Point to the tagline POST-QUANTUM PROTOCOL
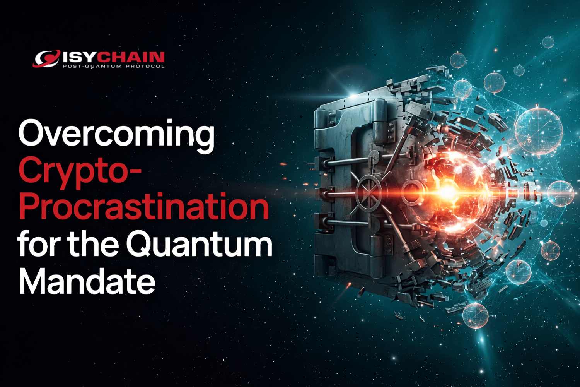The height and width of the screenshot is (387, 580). (113, 66)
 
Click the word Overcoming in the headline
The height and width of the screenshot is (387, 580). (116, 134)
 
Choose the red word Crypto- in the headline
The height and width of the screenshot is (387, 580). (79, 171)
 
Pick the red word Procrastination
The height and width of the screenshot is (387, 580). (143, 207)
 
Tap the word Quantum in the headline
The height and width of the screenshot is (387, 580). (199, 244)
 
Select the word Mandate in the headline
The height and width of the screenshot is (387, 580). (87, 281)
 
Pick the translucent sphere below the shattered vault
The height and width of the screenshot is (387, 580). (475, 315)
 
